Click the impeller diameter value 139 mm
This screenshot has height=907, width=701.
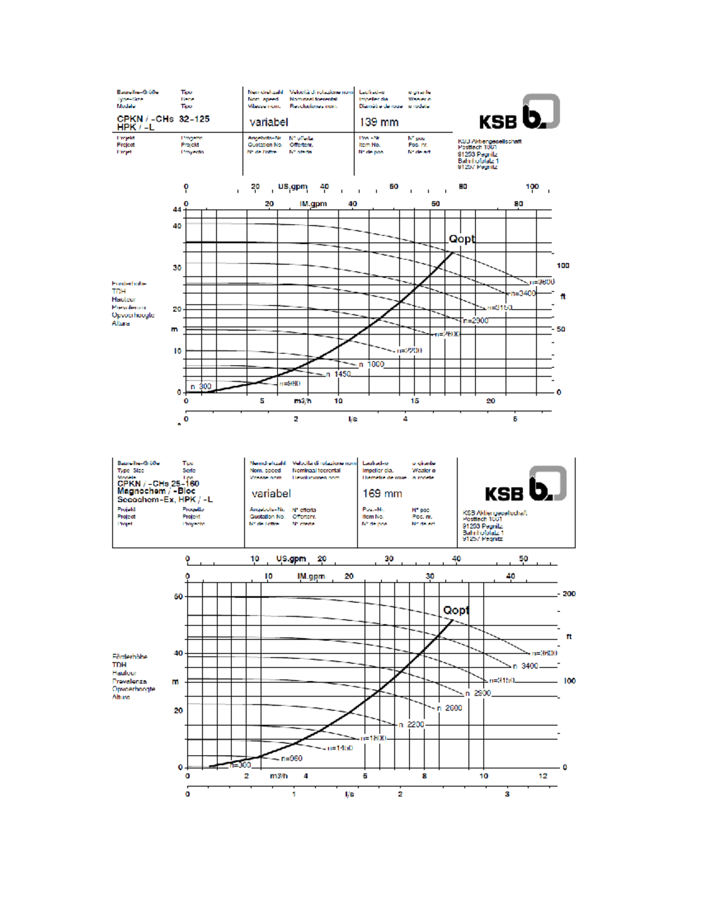click(379, 122)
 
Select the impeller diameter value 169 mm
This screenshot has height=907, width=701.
click(382, 494)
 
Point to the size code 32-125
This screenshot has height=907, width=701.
click(194, 119)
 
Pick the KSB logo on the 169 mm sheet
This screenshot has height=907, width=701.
click(525, 485)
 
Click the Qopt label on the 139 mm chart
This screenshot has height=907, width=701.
click(461, 239)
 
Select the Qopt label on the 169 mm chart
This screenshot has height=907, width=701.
click(456, 610)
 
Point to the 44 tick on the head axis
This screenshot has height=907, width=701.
click(177, 209)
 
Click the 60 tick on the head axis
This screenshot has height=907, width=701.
click(178, 597)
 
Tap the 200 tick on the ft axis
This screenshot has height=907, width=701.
click(569, 594)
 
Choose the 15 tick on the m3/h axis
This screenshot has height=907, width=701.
click(415, 401)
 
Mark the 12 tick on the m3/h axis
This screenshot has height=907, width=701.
click(543, 776)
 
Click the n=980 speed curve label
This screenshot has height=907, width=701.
click(290, 384)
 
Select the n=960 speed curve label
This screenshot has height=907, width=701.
click(291, 758)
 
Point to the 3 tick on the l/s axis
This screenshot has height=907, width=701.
click(507, 794)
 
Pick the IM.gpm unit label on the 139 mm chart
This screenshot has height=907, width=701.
click(313, 204)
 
